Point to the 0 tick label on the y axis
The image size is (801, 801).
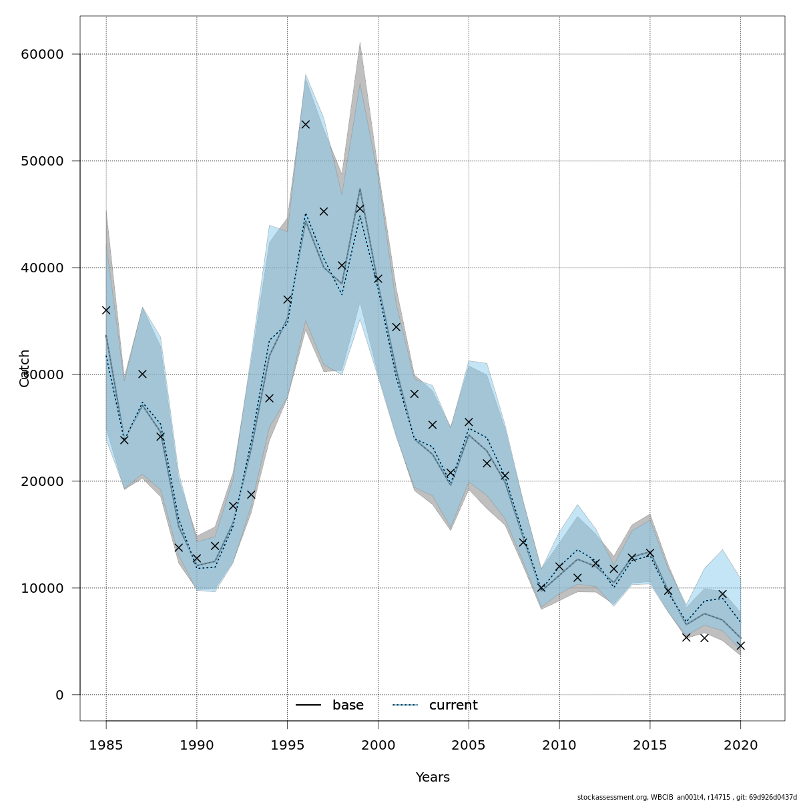pos(59,695)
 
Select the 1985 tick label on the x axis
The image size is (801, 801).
pos(106,745)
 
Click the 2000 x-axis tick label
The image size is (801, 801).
pos(378,745)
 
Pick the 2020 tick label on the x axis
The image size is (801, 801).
pos(740,745)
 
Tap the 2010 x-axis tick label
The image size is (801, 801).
pos(559,745)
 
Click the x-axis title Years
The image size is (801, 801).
pos(433,778)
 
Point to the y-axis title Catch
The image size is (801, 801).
pos(25,368)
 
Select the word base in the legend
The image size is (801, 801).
pos(348,706)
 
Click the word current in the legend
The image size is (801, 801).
pos(453,706)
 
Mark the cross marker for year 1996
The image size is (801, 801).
pos(306,124)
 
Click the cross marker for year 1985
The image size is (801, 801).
pos(106,310)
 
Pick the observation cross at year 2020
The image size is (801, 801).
pos(740,645)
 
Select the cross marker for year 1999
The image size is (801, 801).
pos(360,208)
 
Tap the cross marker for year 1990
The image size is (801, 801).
pos(197,558)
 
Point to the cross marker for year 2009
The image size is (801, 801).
pos(541,587)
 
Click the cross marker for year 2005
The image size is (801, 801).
pos(469,422)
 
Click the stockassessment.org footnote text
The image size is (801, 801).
pos(687,797)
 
